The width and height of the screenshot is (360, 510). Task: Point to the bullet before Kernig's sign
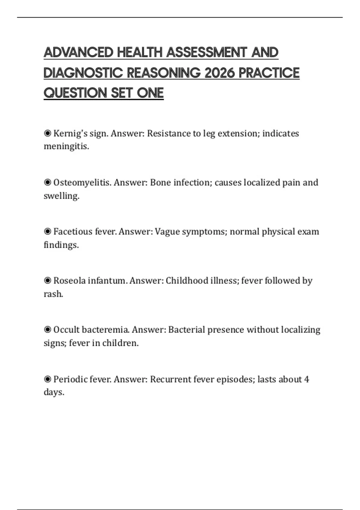pos(47,133)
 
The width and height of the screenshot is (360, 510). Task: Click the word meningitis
pos(66,146)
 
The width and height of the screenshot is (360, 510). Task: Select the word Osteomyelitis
pos(82,182)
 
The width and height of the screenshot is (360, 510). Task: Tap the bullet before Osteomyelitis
pos(47,182)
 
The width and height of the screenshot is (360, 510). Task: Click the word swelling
pos(61,196)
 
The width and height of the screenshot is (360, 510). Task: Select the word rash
pos(53,294)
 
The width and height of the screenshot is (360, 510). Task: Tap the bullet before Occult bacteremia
pos(47,330)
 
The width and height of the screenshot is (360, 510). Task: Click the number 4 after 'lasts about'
pos(306,379)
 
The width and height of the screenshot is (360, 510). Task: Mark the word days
pos(54,392)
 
